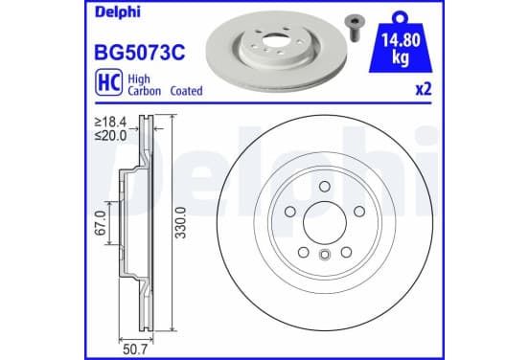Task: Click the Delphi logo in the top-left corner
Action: pos(118,12)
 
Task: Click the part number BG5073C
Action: pos(140,53)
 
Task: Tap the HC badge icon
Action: pos(108,82)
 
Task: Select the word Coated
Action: pos(186,91)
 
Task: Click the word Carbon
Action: pos(144,91)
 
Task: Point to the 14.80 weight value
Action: pos(401,40)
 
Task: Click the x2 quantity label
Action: pos(424,90)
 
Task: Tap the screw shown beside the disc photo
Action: pos(354,29)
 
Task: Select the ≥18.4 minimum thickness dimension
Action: pos(110,122)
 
